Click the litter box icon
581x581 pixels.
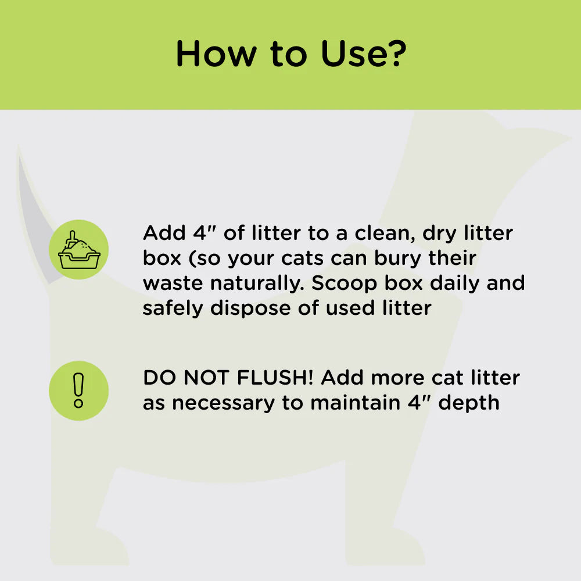(78, 250)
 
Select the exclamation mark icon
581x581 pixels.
(78, 390)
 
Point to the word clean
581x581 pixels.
(378, 234)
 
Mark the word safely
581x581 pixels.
(173, 308)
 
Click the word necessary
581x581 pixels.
(223, 403)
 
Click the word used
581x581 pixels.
(350, 308)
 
